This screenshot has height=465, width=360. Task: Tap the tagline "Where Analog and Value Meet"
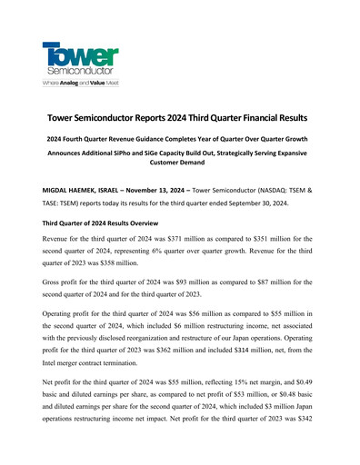tap(79, 83)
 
